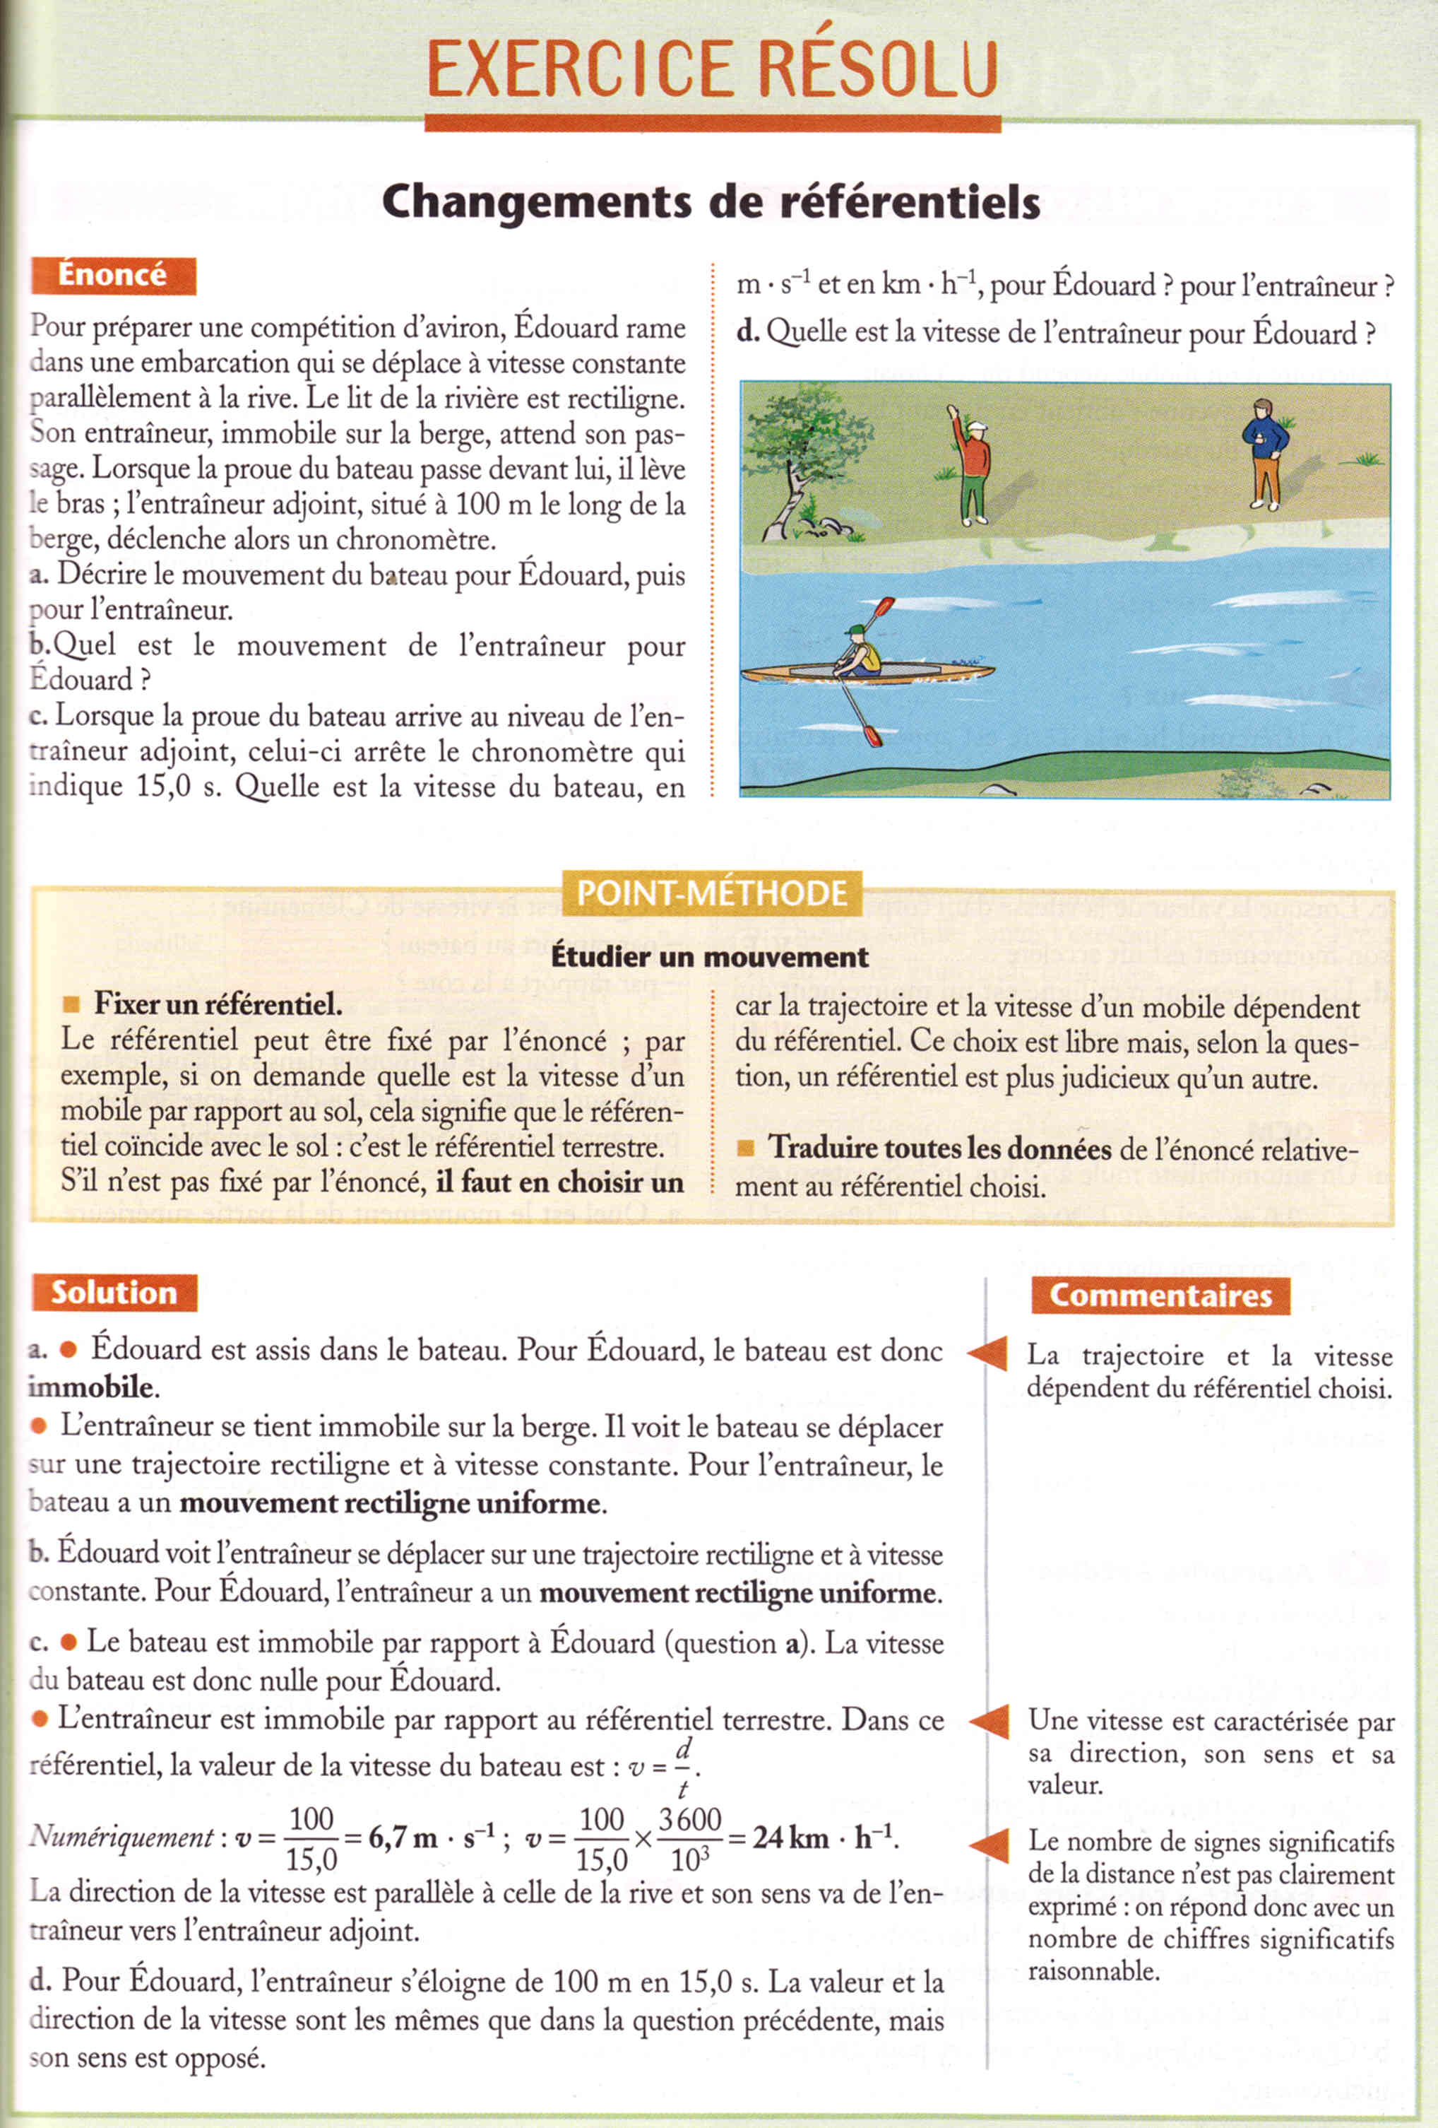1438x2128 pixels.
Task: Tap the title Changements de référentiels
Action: (x=711, y=202)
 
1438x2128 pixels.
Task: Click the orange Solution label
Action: (x=114, y=1292)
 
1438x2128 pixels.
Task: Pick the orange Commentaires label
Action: (x=1160, y=1295)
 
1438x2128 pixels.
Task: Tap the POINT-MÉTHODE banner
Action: (x=711, y=893)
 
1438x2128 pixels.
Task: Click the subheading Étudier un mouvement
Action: (x=709, y=957)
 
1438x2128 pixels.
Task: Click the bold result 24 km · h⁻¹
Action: (x=824, y=1837)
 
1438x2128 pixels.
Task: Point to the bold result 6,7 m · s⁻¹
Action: (x=432, y=1837)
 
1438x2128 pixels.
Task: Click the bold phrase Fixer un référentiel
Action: (x=218, y=1004)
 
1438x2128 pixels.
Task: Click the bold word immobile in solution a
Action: (x=90, y=1387)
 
